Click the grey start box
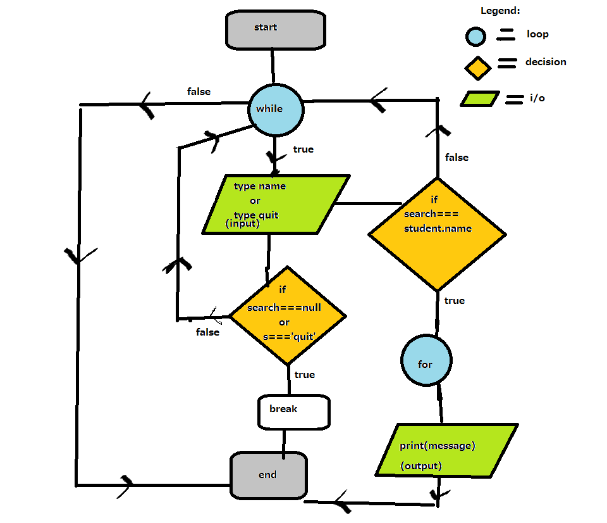click(x=276, y=29)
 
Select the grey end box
click(x=269, y=475)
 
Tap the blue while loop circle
click(x=276, y=109)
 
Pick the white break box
click(x=294, y=412)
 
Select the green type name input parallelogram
click(x=276, y=205)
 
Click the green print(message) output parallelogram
click(x=446, y=450)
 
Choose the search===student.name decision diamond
click(x=437, y=234)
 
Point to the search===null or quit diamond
click(x=286, y=315)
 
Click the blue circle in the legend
click(x=474, y=36)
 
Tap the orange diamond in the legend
click(x=479, y=67)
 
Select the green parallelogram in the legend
click(x=480, y=99)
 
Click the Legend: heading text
click(x=500, y=11)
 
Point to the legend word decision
click(x=546, y=62)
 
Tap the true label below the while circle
click(x=303, y=149)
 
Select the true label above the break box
click(x=305, y=375)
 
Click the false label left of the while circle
click(x=199, y=92)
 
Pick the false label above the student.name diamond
click(x=457, y=157)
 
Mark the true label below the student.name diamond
click(x=455, y=301)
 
